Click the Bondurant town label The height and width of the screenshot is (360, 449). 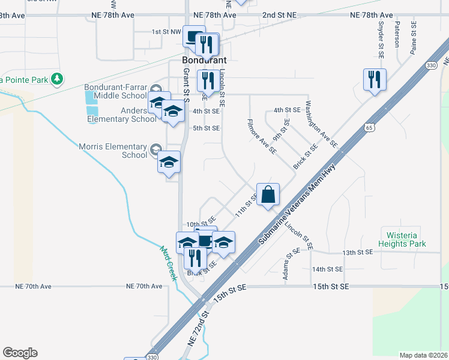[x=205, y=61]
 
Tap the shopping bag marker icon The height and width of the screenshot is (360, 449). [x=268, y=194]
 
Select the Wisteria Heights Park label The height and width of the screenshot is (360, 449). [x=402, y=239]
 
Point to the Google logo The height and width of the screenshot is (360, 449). [x=20, y=353]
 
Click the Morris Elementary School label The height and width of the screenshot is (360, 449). [x=113, y=151]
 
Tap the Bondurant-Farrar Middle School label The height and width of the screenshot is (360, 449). [x=115, y=91]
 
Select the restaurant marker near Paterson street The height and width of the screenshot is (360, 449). [x=374, y=79]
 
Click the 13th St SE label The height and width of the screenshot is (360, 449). [x=357, y=253]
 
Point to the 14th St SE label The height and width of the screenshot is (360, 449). [x=327, y=269]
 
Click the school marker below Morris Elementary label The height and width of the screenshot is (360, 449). [x=169, y=162]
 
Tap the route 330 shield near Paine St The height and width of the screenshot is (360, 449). [x=430, y=65]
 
